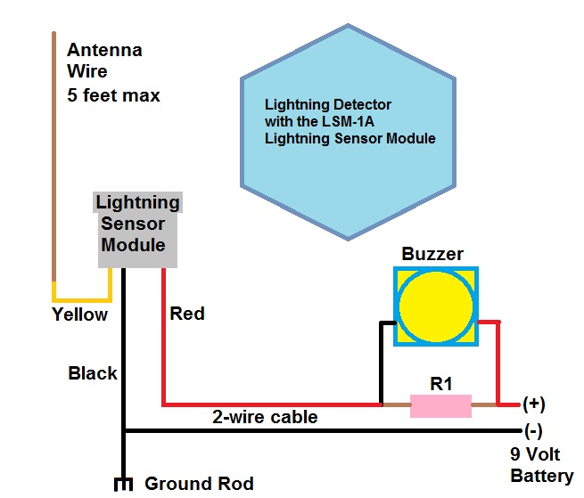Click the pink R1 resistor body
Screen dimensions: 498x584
coord(440,406)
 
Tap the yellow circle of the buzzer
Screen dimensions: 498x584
coord(436,306)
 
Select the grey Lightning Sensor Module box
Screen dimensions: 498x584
coord(137,229)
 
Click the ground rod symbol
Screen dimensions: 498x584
coord(123,485)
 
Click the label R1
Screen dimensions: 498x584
coord(441,384)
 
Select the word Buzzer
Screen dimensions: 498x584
coord(432,254)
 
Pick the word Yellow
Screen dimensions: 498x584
coord(79,314)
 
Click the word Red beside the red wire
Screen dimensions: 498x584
coord(186,314)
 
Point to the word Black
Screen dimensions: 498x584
coord(92,373)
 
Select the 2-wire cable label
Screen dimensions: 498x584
coord(264,417)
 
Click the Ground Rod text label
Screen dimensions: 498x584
coord(199,484)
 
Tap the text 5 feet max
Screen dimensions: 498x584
coord(113,94)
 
